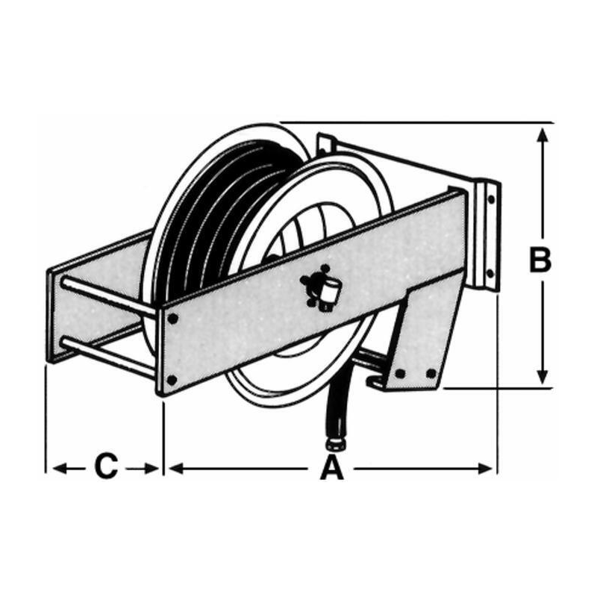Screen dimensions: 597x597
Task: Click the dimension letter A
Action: [x=332, y=467]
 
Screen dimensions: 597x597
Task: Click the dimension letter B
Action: [x=540, y=260]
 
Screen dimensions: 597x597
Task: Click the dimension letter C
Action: [x=106, y=465]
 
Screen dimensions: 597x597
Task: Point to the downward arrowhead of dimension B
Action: [x=543, y=375]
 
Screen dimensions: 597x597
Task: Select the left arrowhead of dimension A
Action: [x=175, y=469]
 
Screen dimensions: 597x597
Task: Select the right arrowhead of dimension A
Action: [x=485, y=469]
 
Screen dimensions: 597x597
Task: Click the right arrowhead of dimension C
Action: [x=151, y=469]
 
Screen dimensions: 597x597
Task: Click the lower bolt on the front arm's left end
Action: [x=172, y=380]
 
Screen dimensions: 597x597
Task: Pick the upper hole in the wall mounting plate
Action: [x=491, y=199]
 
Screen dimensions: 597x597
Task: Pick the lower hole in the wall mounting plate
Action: [x=490, y=273]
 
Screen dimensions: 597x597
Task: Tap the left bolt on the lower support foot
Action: [x=399, y=374]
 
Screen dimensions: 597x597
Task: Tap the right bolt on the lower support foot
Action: [x=431, y=374]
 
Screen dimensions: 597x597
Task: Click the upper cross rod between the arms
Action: [x=108, y=298]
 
